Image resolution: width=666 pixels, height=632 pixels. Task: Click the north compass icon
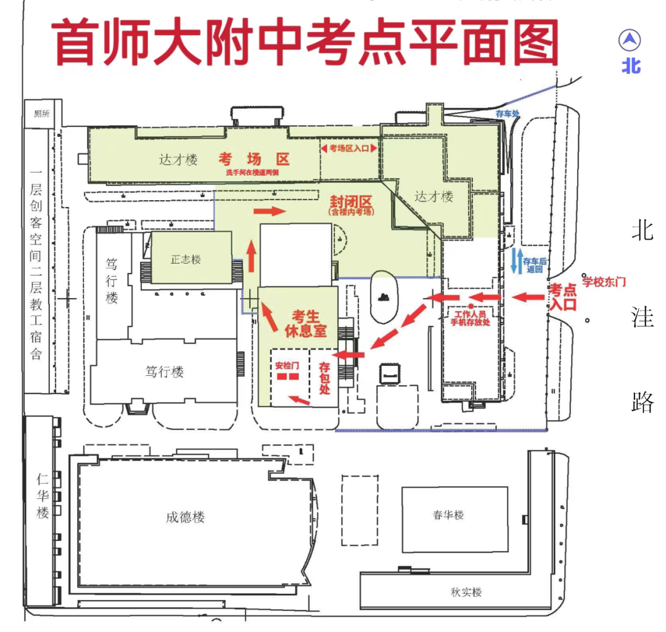coord(630,41)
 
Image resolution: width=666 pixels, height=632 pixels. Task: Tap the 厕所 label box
coord(43,113)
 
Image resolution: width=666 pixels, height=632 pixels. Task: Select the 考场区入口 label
coord(348,148)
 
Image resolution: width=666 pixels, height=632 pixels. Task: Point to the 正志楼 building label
coord(186,259)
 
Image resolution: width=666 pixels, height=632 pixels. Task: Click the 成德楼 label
coord(185,517)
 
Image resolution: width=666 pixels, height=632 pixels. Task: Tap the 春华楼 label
coord(448,515)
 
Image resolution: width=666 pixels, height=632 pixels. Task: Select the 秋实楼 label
coord(466,592)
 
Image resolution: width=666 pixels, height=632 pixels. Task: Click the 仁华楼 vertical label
coord(43,496)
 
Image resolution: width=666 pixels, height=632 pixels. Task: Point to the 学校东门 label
coord(605,282)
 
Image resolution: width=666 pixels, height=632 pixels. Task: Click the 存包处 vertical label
coord(324,378)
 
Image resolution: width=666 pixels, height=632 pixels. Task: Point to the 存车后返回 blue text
coord(535,265)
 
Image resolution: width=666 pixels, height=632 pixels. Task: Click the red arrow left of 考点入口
coord(530,298)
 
